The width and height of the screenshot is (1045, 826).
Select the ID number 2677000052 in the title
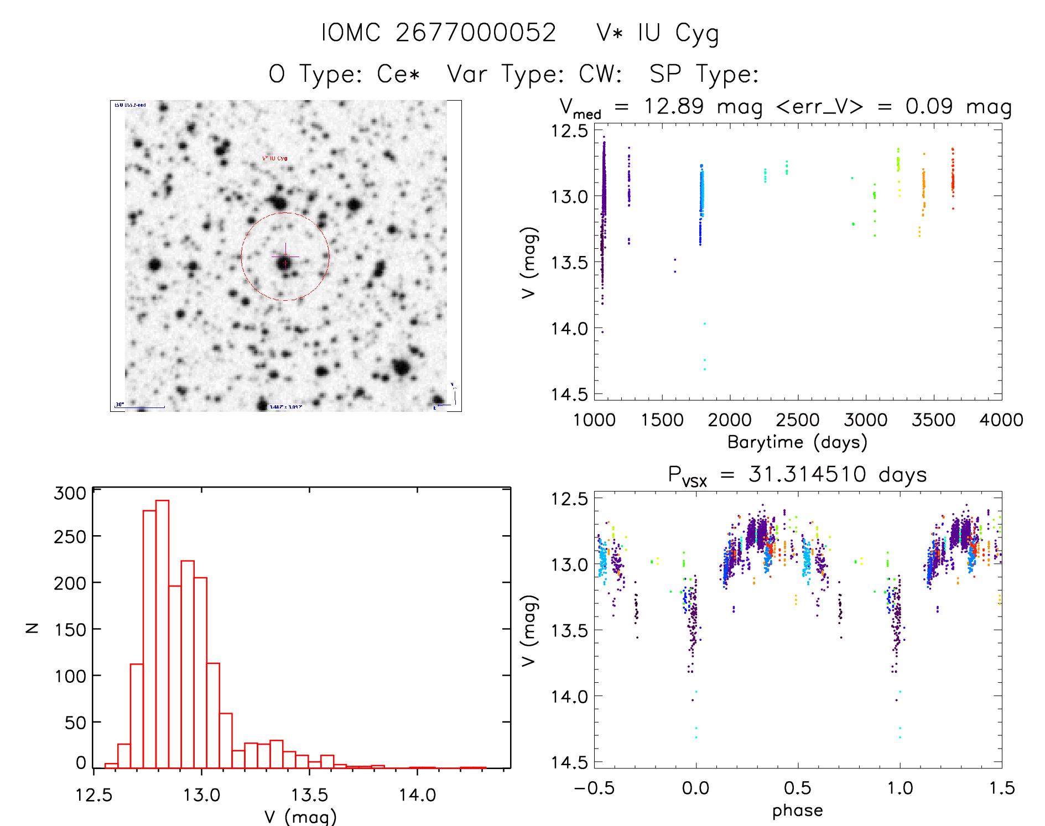[476, 33]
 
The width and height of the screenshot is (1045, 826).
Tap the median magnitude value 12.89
[674, 106]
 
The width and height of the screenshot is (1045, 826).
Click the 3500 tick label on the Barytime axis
[933, 420]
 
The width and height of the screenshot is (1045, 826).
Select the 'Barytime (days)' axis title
[797, 442]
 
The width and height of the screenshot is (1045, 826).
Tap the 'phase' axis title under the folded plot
[797, 811]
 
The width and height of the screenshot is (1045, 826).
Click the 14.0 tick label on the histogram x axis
[418, 795]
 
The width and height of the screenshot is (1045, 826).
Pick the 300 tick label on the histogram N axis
[70, 493]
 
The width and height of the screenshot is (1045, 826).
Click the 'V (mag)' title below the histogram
[300, 817]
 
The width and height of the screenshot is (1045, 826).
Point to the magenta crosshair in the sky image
[285, 257]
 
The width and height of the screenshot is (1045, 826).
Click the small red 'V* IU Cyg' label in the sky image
[274, 158]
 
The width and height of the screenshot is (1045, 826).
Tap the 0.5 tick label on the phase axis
[797, 788]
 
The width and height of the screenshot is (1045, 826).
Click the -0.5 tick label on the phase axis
[594, 788]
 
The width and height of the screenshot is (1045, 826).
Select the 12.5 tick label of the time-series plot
[569, 131]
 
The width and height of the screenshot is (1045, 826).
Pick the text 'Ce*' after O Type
[398, 74]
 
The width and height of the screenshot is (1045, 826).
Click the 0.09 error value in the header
[929, 106]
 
